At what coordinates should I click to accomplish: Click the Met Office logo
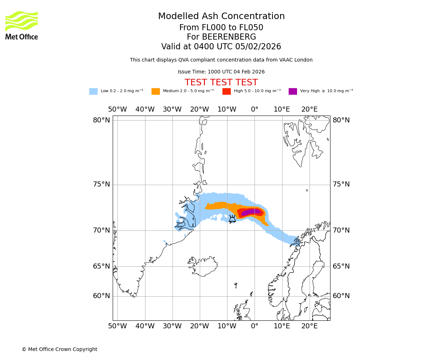click(x=22, y=25)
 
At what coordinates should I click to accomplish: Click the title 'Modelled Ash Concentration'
click(x=221, y=17)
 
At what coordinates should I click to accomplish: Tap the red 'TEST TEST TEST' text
click(x=221, y=82)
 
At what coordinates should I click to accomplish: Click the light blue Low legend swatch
click(x=93, y=91)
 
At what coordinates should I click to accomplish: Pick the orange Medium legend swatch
click(x=156, y=91)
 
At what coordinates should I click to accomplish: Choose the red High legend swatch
click(x=226, y=91)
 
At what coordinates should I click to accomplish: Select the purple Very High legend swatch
click(x=293, y=91)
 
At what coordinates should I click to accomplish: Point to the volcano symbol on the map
click(x=232, y=219)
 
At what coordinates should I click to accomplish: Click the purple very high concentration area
click(x=251, y=212)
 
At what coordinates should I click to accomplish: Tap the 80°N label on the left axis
click(x=102, y=120)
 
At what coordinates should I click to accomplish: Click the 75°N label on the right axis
click(x=341, y=184)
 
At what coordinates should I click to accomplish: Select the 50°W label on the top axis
click(x=117, y=109)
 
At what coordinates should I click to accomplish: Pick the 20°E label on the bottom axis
click(x=309, y=326)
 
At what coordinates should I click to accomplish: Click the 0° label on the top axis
click(x=255, y=109)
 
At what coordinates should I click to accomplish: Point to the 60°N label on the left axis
click(x=102, y=296)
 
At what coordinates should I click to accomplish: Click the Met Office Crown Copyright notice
click(x=59, y=349)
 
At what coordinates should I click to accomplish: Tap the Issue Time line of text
click(x=221, y=72)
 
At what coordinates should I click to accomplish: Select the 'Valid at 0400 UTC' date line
click(x=221, y=47)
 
